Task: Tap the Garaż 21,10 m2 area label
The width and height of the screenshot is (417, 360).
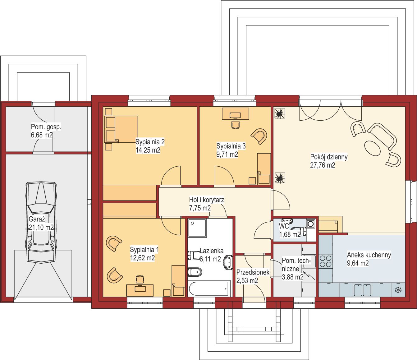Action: coord(41,223)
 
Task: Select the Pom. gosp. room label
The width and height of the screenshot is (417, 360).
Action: coord(46,127)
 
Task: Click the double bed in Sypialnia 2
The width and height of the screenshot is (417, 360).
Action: coord(121,129)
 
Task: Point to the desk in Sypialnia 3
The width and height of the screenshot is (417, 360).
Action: coord(235,114)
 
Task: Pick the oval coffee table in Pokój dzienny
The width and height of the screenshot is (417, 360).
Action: coord(372,148)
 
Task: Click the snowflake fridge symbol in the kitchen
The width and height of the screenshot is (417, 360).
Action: coord(398,290)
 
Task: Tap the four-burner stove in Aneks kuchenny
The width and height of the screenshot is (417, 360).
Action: coord(326,261)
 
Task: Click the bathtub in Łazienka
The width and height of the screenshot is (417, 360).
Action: coord(209,288)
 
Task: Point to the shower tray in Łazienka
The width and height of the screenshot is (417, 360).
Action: coord(197,228)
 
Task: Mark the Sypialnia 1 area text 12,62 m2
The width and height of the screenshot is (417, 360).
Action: coord(142,258)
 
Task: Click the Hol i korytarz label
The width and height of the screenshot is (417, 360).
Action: coord(207,200)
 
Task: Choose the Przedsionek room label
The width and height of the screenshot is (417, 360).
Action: coord(253,272)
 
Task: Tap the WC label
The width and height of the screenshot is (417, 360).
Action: coord(284,226)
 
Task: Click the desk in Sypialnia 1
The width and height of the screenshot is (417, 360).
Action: coord(140,290)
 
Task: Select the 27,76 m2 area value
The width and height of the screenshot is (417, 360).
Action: coord(323,165)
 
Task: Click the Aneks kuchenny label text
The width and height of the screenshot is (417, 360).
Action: coord(369,255)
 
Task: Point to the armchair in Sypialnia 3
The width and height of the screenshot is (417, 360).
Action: coord(259,136)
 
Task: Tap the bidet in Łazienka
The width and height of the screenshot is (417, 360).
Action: coord(195,272)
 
